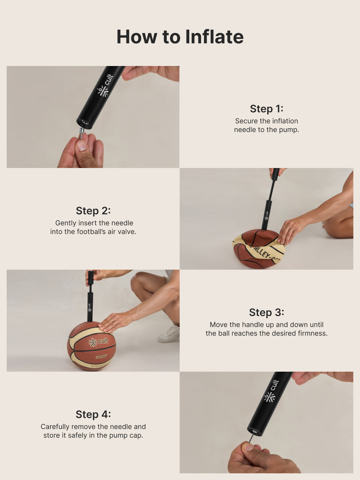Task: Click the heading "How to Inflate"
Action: [180, 37]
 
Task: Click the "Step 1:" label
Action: [266, 109]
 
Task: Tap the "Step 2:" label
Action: [93, 211]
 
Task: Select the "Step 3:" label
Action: [266, 312]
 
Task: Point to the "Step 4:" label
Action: [93, 414]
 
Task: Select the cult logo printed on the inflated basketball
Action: [98, 341]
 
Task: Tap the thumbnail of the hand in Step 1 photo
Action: [81, 146]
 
